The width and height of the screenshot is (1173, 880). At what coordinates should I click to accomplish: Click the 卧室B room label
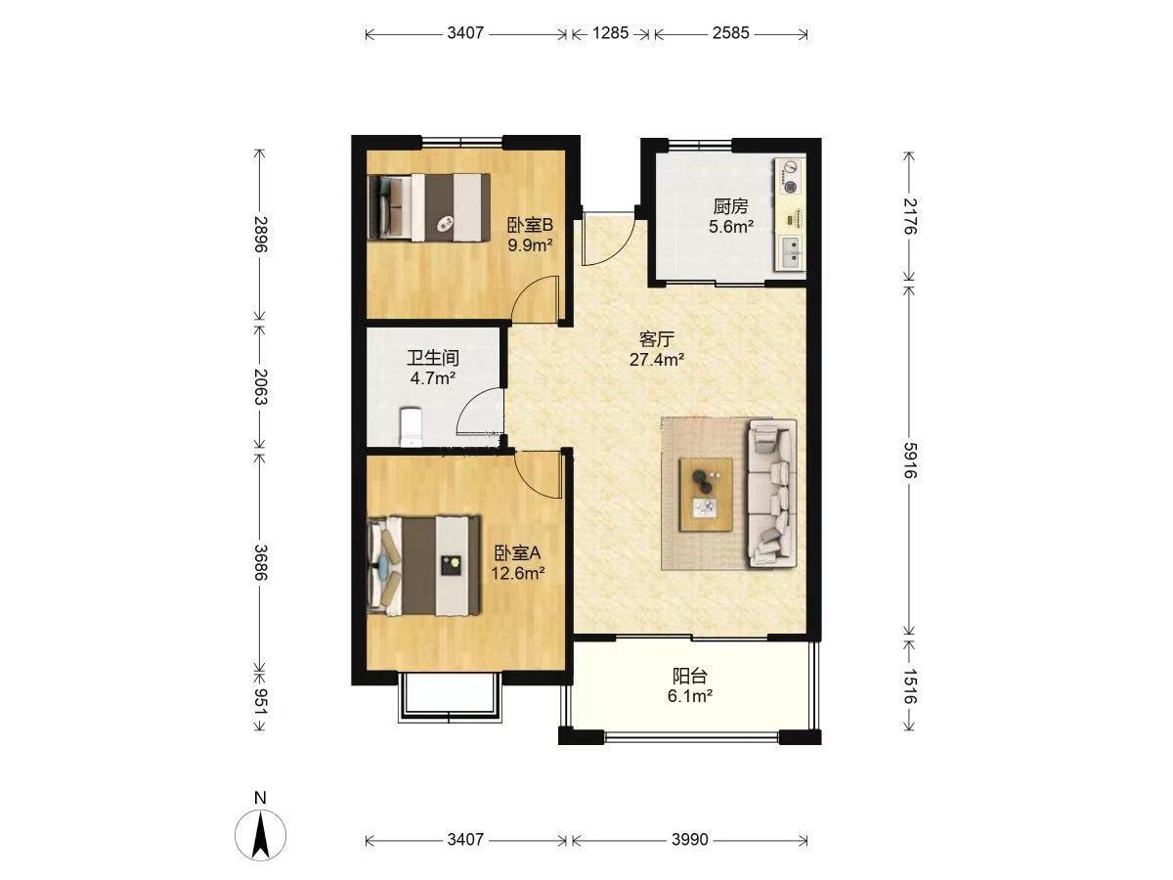point(529,226)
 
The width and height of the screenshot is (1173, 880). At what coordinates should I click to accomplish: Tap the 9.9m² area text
point(530,245)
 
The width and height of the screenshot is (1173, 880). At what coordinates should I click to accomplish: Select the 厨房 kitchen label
point(730,206)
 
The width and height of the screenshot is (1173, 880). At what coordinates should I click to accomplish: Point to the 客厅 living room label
point(657,339)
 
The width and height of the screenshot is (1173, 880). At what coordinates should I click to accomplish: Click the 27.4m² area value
point(657,360)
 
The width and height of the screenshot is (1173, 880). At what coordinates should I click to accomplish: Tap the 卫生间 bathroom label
point(433,358)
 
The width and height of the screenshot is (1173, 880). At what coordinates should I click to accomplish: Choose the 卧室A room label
point(517,552)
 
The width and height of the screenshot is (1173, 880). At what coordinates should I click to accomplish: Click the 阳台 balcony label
point(690,676)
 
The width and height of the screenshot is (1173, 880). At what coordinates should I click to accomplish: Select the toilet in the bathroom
point(411,426)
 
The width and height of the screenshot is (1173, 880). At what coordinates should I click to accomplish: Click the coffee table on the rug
point(706,495)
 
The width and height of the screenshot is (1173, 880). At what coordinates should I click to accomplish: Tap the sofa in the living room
point(772,493)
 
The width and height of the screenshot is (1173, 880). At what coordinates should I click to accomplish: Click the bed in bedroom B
point(429,207)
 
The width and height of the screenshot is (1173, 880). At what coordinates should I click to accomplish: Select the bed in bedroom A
point(423,566)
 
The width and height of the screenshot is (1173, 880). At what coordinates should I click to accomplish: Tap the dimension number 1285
point(611,33)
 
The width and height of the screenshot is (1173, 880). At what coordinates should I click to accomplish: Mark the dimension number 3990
point(690,839)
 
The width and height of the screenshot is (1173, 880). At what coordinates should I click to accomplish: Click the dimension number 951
point(260,700)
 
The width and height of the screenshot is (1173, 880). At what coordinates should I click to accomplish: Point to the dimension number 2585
point(730,33)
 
